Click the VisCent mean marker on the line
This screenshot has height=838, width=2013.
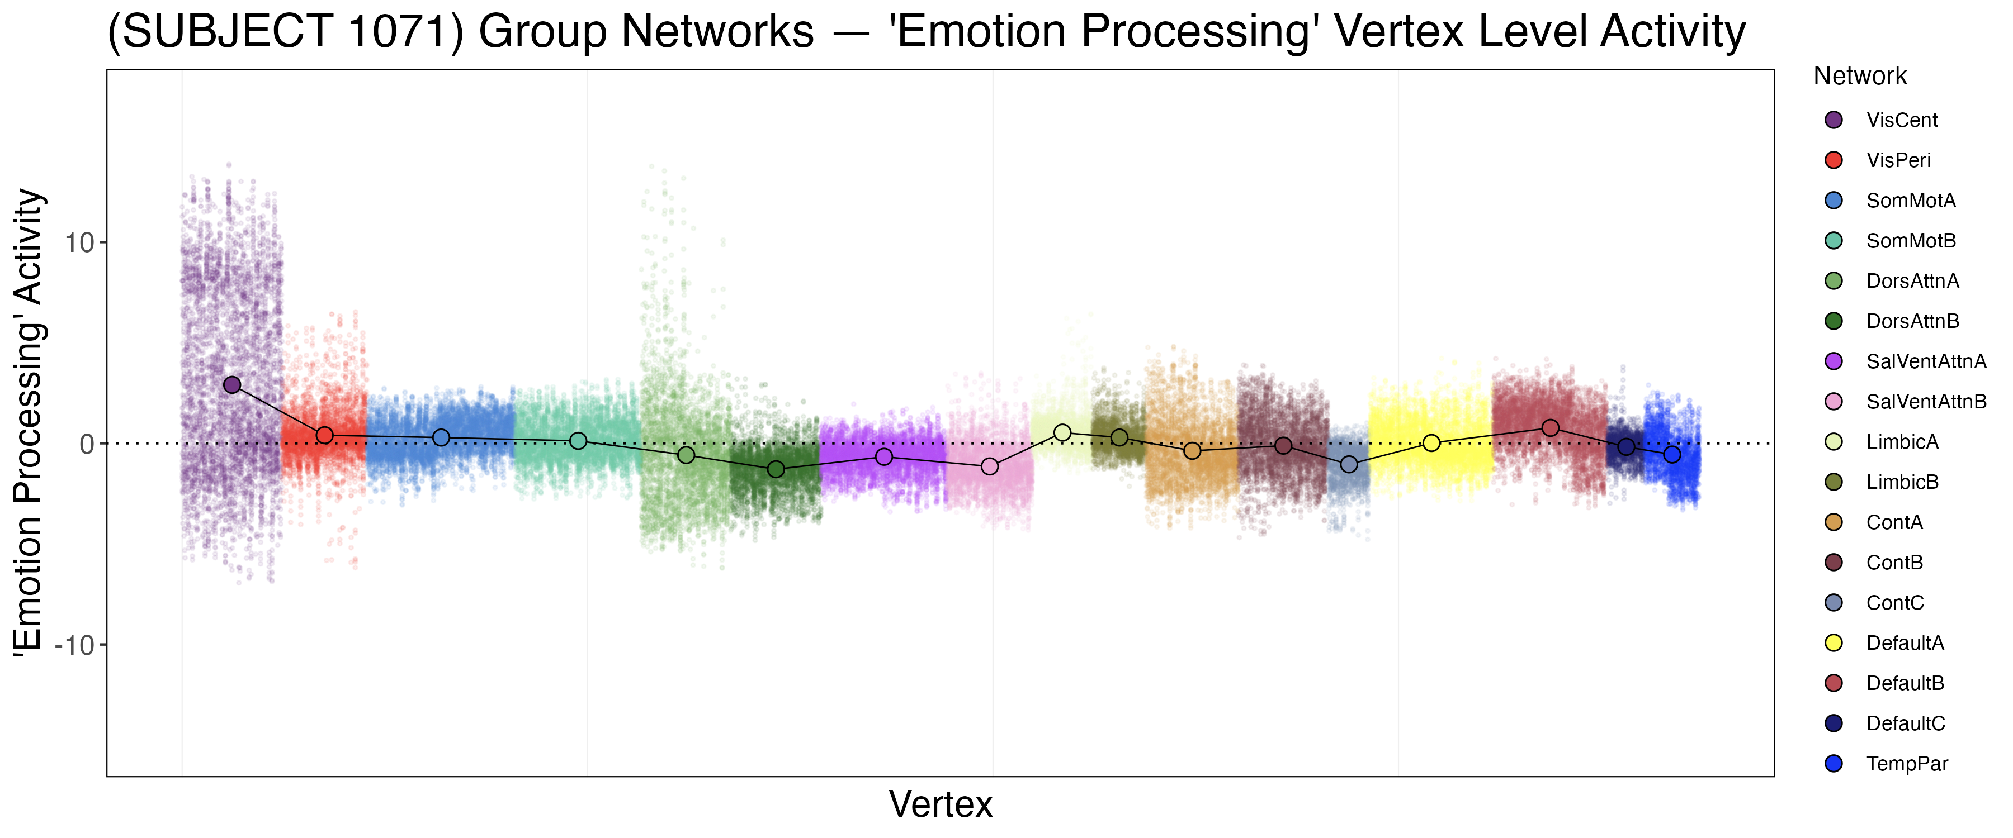232,385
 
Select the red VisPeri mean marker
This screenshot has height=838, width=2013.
325,435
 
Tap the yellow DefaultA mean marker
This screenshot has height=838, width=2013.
1431,443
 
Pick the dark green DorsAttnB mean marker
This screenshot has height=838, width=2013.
776,469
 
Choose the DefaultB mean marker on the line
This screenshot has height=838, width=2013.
1551,428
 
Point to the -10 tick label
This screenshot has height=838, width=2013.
74,646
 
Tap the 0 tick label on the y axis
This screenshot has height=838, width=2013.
87,444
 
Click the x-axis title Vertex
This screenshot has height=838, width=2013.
941,804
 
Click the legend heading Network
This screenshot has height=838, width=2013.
1860,77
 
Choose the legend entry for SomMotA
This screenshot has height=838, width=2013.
1911,201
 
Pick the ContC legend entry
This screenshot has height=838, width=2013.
1895,603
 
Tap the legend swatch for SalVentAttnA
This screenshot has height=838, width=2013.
1834,361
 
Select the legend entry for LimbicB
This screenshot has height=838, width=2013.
1902,483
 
